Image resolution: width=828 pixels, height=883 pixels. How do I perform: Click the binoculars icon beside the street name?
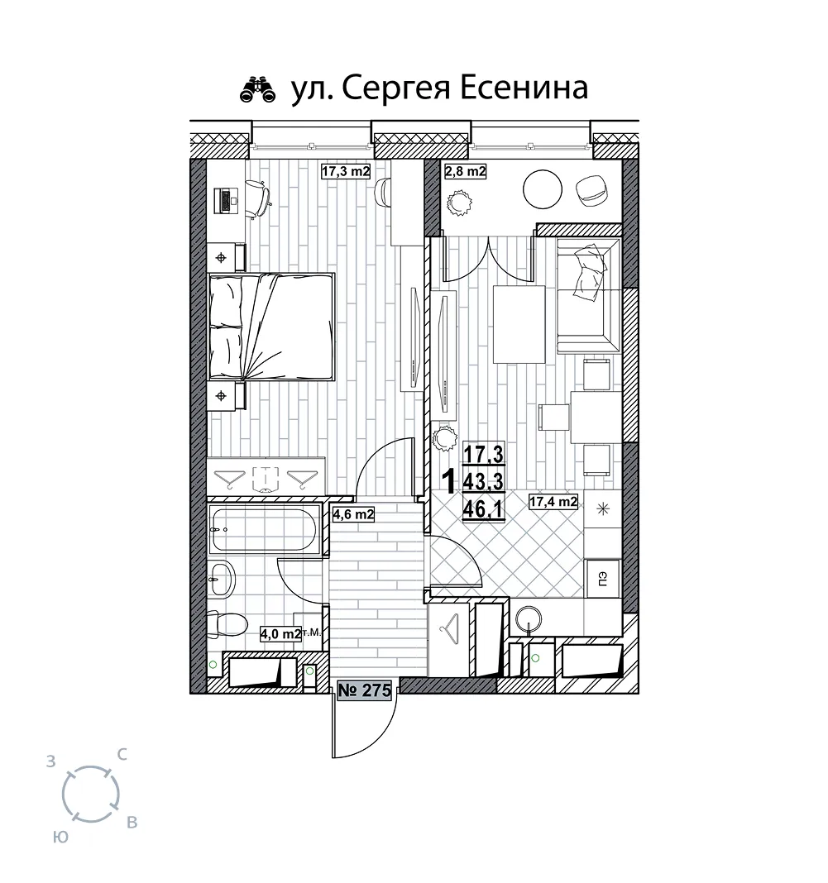pos(258,90)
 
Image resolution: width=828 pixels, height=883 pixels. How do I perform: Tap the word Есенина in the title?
pos(524,88)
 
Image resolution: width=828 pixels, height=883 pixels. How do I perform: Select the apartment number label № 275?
pos(365,690)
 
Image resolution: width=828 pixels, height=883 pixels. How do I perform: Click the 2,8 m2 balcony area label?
pos(465,170)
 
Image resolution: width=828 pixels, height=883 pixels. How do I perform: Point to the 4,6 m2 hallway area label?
pos(353,513)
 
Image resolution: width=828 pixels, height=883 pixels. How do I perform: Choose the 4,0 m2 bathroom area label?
pos(280,633)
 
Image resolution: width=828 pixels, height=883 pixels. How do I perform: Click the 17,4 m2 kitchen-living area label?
pos(553,501)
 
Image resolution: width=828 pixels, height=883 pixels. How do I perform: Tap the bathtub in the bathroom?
pos(264,528)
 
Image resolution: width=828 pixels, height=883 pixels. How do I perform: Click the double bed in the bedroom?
pos(271,326)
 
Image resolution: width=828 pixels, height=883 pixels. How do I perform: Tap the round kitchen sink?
pos(529,619)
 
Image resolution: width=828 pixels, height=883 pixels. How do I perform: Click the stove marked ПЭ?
pos(603,578)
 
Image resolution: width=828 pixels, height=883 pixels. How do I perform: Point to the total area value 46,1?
pos(483,510)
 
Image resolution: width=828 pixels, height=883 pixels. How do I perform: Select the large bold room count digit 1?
pos(449,482)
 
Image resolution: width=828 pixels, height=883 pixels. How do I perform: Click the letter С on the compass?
pos(121,754)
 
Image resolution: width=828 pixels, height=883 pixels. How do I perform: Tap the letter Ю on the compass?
pos(61,837)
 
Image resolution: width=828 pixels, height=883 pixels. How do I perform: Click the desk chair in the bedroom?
pos(258,197)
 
